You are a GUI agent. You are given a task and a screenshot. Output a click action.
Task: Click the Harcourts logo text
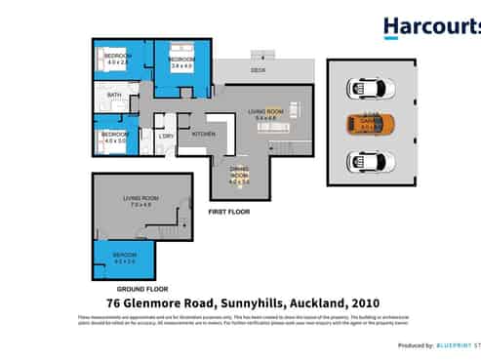coord(430,26)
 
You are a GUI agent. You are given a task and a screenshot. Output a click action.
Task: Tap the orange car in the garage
coord(372,124)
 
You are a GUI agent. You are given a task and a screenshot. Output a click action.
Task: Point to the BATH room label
coord(114,95)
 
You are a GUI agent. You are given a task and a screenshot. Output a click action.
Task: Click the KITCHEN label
coord(203,133)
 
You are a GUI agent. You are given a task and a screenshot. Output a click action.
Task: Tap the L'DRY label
coord(166,136)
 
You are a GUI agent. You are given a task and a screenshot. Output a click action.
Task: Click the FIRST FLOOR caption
coord(229,211)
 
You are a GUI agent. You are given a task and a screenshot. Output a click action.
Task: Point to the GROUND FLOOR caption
coord(138,290)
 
